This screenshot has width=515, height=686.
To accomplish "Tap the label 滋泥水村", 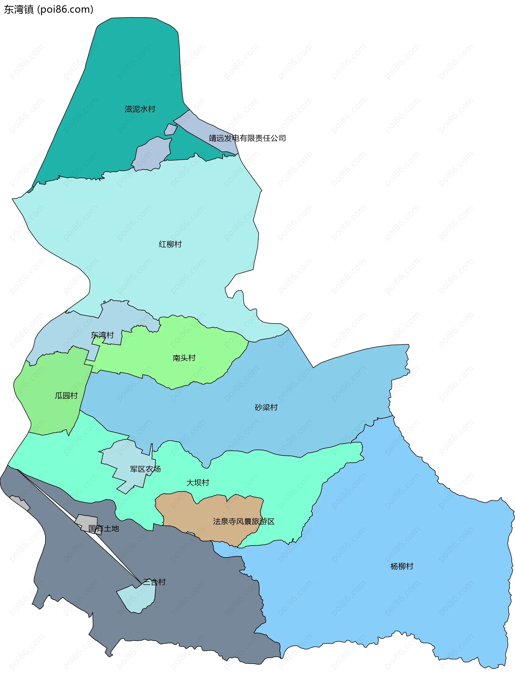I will pyautogui.click(x=140, y=109).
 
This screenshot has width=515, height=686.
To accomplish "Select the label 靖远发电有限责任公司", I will pyautogui.click(x=247, y=138).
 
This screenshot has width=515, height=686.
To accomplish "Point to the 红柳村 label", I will pyautogui.click(x=170, y=244).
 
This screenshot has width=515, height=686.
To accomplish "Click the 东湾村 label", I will pyautogui.click(x=102, y=335).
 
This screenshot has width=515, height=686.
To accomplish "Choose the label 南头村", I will pyautogui.click(x=184, y=358).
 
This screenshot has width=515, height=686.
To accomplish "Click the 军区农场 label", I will pyautogui.click(x=145, y=469).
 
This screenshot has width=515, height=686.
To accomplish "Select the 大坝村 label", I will pyautogui.click(x=198, y=482).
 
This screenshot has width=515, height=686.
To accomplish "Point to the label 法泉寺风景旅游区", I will pyautogui.click(x=244, y=521).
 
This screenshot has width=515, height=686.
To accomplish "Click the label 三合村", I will pyautogui.click(x=154, y=582).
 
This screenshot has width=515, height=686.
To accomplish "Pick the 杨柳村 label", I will pyautogui.click(x=402, y=566).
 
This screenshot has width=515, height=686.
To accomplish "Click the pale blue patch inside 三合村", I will pyautogui.click(x=137, y=599).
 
